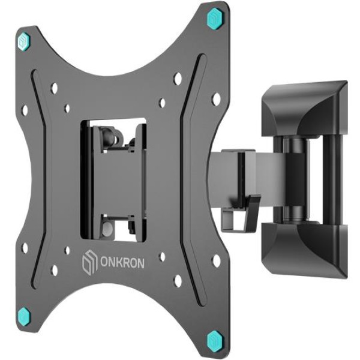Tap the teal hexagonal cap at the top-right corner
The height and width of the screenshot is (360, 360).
pyautogui.click(x=214, y=19)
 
